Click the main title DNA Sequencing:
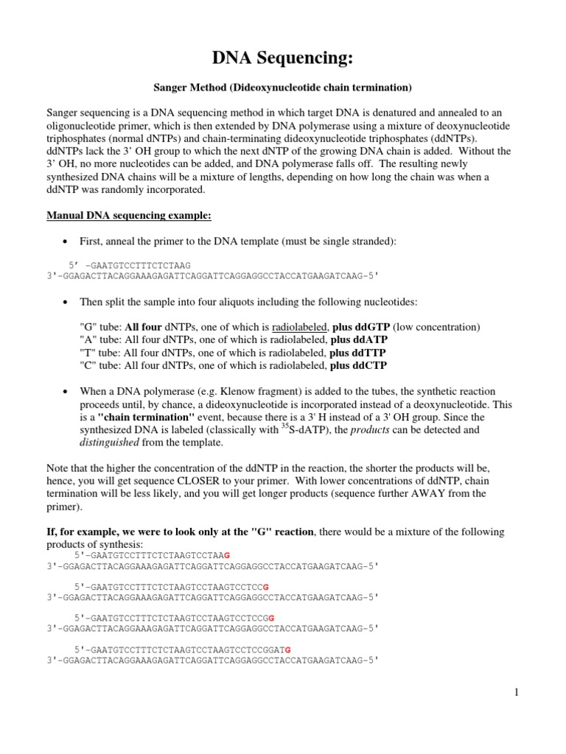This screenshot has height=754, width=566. [282, 58]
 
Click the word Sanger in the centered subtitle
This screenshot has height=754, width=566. [170, 88]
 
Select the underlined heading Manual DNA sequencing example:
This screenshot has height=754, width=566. [129, 216]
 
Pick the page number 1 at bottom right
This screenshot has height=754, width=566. [518, 692]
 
